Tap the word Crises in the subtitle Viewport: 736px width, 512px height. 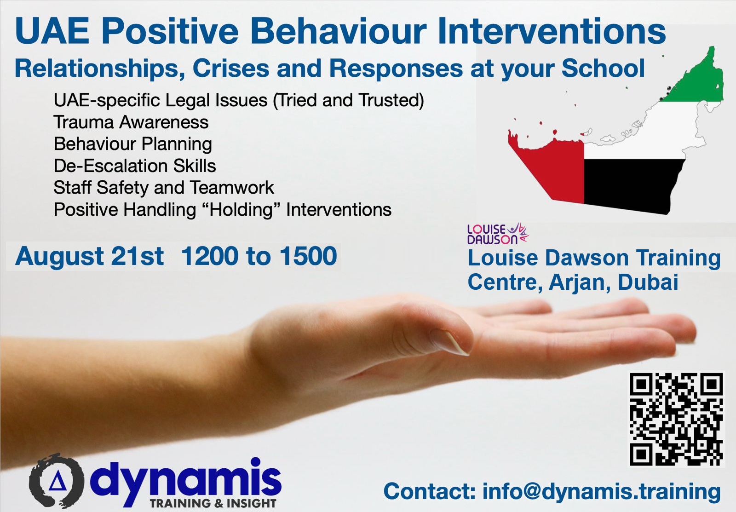click(230, 69)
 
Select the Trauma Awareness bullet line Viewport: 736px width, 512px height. click(131, 122)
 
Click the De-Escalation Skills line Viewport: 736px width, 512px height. click(135, 166)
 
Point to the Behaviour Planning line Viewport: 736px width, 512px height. click(133, 144)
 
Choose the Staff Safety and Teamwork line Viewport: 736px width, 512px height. click(164, 187)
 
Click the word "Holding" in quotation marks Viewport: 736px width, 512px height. click(241, 210)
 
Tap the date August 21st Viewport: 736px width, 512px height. click(89, 256)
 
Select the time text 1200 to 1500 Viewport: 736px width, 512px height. click(259, 256)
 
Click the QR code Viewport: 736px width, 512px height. click(677, 419)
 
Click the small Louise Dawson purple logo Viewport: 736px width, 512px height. click(498, 234)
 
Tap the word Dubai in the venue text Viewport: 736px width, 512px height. click(648, 282)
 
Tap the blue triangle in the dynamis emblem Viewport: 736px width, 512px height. click(57, 482)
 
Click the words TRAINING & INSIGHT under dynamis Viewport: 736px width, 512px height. click(213, 503)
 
